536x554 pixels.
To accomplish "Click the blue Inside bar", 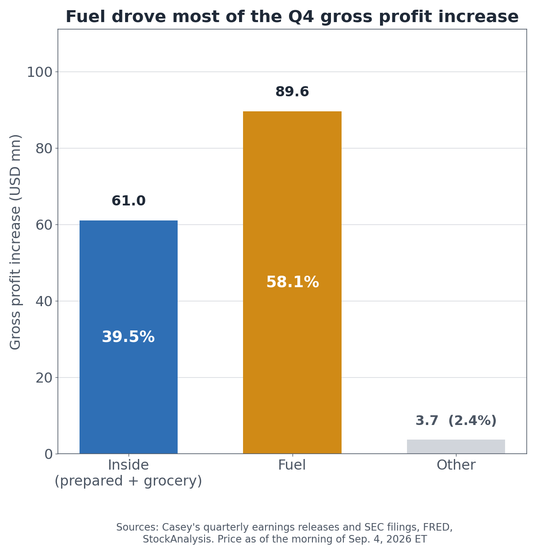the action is tap(129, 337).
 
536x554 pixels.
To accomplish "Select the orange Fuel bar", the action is tap(292, 282).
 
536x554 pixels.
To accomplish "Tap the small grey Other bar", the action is tap(456, 446).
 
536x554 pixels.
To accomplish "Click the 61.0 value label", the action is tap(129, 201).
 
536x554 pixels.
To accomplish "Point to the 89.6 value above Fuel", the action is tap(292, 91).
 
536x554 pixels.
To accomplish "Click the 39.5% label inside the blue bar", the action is tap(128, 337).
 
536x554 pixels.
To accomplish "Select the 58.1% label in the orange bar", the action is tap(293, 282).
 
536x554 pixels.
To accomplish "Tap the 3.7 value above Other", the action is tap(427, 421).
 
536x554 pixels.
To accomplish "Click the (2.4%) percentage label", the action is tap(472, 421).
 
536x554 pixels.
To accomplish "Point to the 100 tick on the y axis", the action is tap(40, 72).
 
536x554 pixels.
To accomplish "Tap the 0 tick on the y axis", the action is tap(49, 454).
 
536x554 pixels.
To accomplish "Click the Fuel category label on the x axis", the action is tap(292, 465).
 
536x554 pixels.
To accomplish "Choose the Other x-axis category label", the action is tap(456, 465).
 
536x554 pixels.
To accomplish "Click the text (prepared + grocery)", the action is tap(128, 481).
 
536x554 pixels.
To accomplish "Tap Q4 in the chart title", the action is tap(301, 16).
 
